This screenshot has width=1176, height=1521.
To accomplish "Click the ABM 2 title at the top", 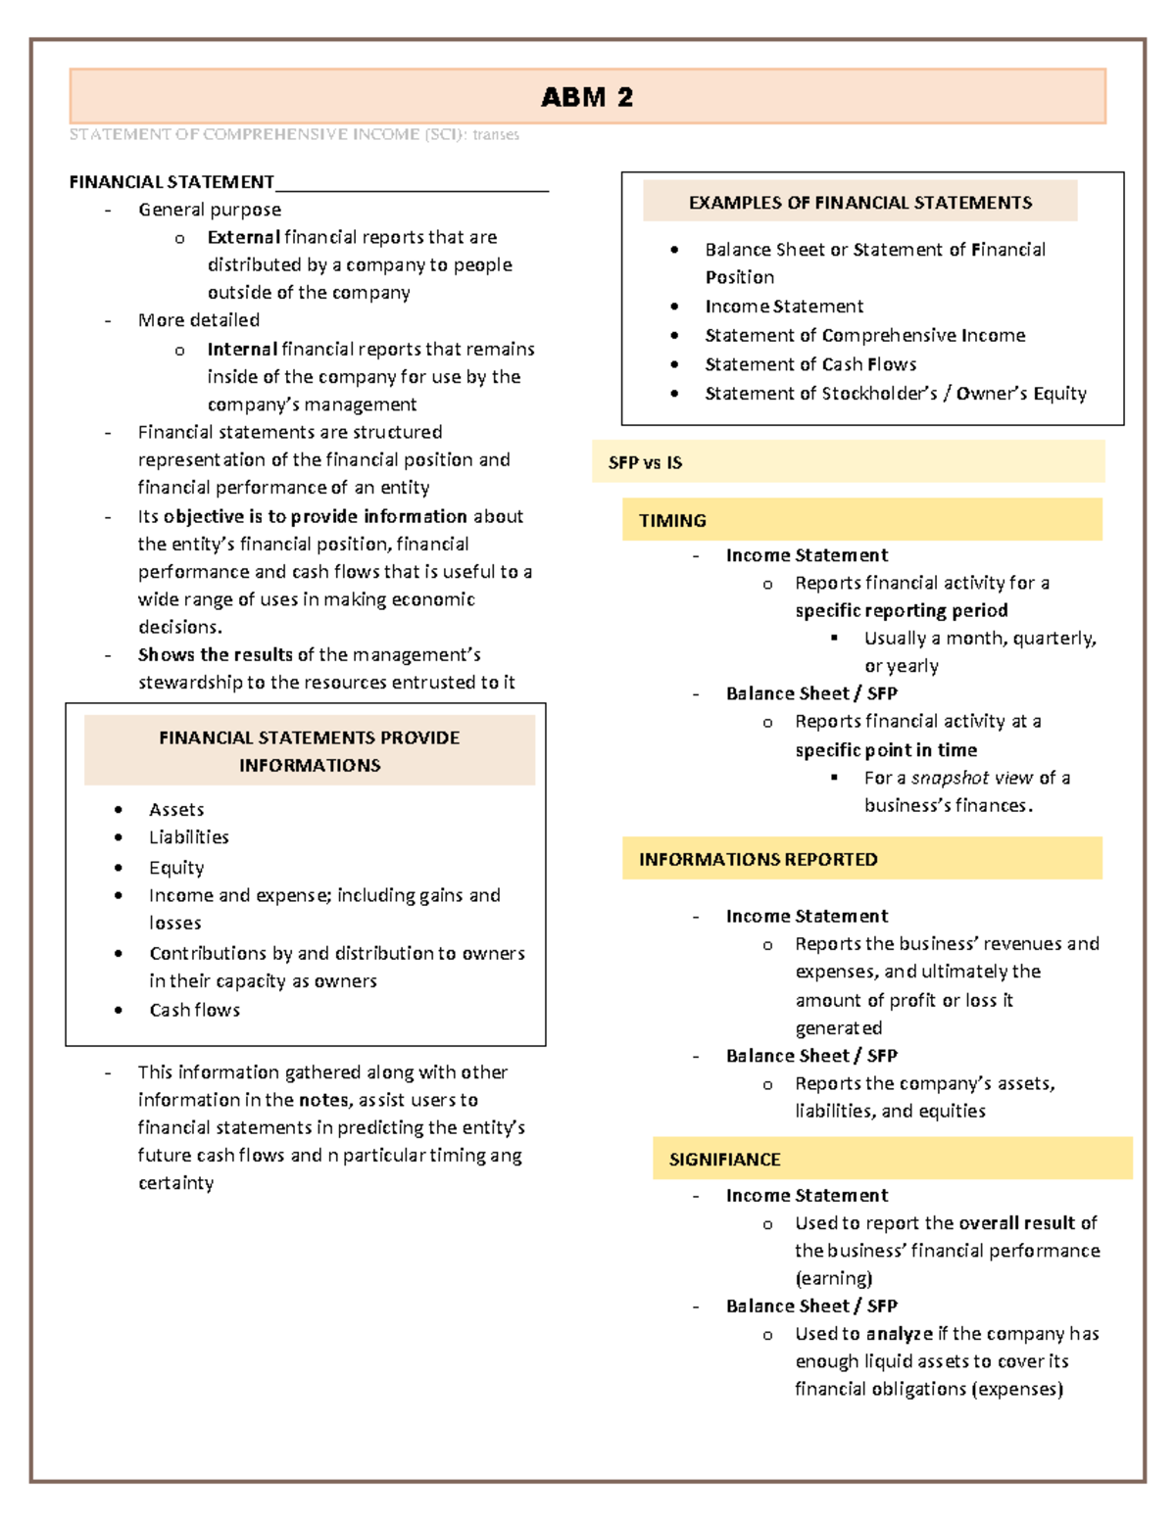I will (x=587, y=97).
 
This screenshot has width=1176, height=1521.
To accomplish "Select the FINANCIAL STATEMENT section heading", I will (x=171, y=182).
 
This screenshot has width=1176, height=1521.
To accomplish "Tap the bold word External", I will (x=243, y=237).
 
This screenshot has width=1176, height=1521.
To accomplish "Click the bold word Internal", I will (x=242, y=350).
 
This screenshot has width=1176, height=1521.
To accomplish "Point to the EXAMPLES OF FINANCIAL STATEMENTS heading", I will (x=859, y=203).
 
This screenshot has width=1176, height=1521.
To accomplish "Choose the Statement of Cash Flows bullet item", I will (x=810, y=364).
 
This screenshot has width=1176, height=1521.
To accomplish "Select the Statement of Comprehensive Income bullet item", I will (x=864, y=335).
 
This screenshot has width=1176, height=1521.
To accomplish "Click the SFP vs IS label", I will (x=645, y=462).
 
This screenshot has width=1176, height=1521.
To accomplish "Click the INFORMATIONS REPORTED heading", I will (x=758, y=859).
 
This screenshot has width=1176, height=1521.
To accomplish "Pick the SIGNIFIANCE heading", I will (x=724, y=1159).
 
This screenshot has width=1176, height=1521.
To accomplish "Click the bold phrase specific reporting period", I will (x=901, y=610).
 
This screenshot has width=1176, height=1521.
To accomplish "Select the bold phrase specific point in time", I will (x=886, y=750).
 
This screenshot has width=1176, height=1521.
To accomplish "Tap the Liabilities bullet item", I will (x=188, y=837).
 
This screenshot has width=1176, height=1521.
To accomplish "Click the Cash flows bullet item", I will (x=194, y=1010).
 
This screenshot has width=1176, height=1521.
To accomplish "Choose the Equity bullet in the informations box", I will (x=176, y=868).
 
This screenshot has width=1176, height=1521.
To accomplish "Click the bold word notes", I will (x=322, y=1100).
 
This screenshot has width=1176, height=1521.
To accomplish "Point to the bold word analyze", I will (x=899, y=1334).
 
